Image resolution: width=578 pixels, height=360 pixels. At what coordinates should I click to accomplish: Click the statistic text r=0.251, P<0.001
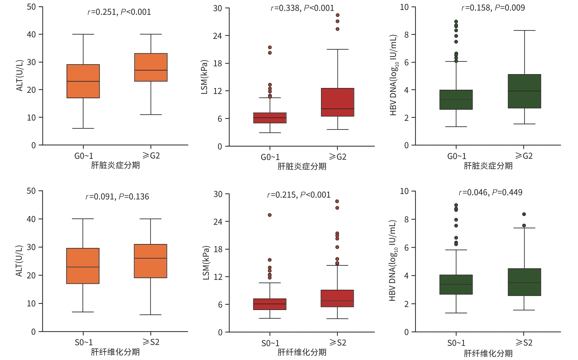119,12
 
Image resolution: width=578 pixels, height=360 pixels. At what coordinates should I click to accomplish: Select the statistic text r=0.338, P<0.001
302,8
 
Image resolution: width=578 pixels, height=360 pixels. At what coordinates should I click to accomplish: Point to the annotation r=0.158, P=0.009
493,8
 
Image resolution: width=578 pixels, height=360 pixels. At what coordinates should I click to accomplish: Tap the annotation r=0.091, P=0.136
117,197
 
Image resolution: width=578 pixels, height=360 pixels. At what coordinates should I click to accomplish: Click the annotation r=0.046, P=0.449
490,193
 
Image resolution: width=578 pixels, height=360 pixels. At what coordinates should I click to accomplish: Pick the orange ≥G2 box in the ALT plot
151,67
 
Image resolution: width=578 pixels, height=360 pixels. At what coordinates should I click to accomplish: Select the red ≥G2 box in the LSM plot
338,102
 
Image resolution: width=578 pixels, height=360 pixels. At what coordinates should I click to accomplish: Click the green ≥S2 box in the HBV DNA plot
524,282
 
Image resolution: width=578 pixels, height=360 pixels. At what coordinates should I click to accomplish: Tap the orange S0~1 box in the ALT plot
83,266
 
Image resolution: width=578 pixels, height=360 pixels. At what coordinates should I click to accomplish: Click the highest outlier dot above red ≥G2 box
338,15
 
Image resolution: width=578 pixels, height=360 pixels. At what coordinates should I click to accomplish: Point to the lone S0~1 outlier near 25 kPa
270,215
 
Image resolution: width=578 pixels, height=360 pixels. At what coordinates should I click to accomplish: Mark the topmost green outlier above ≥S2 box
524,214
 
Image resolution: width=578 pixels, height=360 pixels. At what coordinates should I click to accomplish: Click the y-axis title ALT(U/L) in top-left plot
20,76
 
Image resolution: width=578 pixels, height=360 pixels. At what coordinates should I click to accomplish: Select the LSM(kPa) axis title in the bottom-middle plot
206,263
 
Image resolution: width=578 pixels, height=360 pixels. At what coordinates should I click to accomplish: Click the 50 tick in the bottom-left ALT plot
31,191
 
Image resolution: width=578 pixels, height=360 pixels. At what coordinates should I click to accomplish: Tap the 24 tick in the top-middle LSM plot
217,36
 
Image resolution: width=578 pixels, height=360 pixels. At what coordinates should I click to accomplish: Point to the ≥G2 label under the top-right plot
524,156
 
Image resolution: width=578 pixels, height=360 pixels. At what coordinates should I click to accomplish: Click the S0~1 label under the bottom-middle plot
270,343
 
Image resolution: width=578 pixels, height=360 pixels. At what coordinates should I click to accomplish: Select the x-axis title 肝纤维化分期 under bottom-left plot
115,352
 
